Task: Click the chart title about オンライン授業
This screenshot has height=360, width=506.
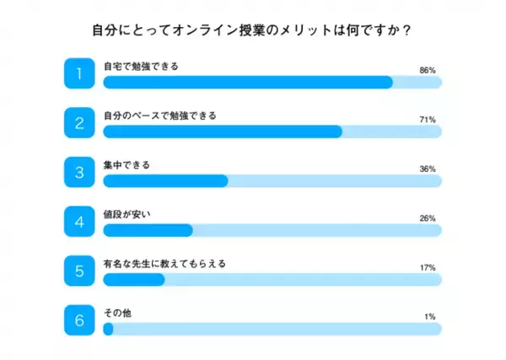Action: (x=252, y=31)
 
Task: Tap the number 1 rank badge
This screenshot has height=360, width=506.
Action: (x=79, y=73)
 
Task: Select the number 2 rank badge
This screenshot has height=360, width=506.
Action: (x=79, y=123)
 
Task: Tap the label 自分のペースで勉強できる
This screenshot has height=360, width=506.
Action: (x=159, y=115)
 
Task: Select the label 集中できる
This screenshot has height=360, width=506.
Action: (x=126, y=164)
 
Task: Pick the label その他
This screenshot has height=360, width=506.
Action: (x=116, y=312)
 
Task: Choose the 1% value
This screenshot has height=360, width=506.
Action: (x=429, y=317)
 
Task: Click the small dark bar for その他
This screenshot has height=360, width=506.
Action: (x=108, y=329)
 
